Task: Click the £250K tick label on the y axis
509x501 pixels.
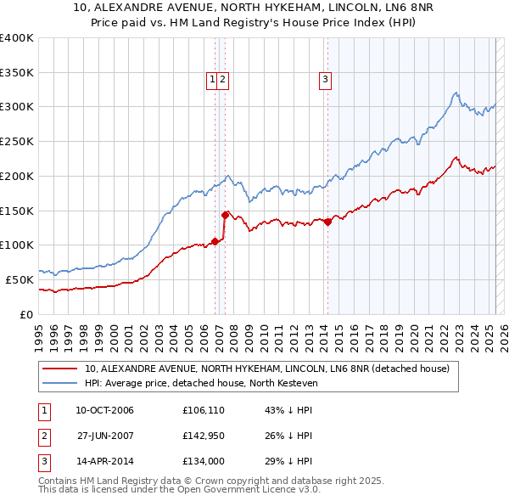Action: [17, 142]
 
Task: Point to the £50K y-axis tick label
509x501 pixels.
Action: [20, 279]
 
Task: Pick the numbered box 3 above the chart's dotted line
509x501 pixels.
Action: [325, 81]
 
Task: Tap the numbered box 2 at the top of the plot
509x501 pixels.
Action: [222, 81]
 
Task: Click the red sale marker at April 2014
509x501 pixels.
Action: [327, 222]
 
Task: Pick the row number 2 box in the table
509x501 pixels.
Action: [42, 436]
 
